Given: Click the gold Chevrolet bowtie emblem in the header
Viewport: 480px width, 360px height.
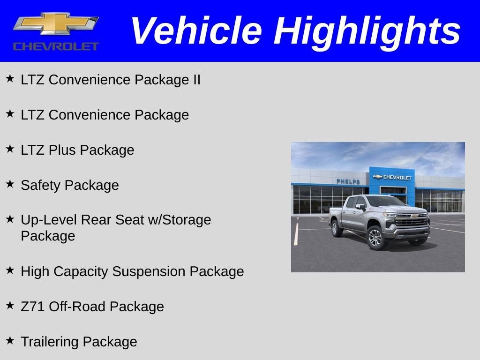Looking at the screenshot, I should [x=56, y=24].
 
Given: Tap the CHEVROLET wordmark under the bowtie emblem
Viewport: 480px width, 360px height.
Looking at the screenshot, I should [x=56, y=46].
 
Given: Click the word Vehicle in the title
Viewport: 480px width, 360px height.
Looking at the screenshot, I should [x=196, y=31].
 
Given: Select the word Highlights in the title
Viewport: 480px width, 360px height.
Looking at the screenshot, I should [x=367, y=31].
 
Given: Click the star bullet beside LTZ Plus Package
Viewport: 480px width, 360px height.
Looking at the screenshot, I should [x=10, y=149].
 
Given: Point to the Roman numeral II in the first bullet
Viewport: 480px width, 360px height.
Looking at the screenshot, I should [x=196, y=80].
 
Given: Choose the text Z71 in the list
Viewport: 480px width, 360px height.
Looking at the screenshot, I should [x=33, y=307].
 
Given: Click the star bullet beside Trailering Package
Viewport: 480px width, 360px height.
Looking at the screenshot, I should [x=10, y=340].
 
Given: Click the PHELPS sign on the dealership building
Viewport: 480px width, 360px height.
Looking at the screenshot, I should [x=348, y=181].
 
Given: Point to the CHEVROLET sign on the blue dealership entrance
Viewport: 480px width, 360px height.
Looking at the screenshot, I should [x=393, y=177].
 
